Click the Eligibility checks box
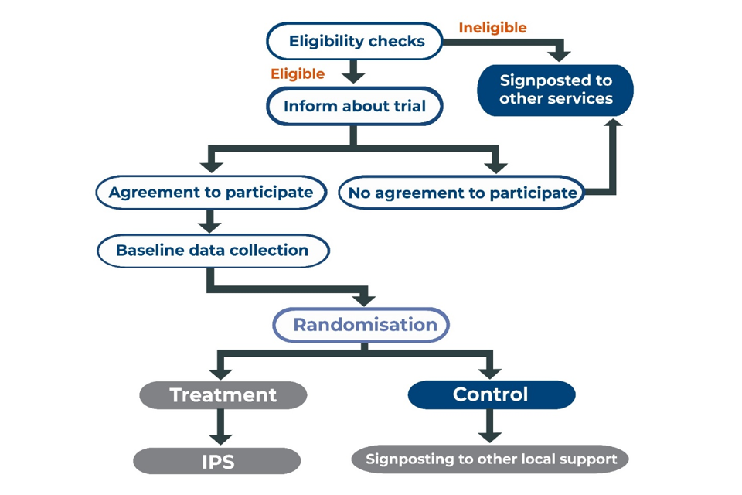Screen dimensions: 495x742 click(355, 41)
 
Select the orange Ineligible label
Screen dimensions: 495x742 click(492, 28)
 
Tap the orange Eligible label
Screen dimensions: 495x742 click(298, 74)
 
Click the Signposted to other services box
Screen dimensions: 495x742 click(555, 90)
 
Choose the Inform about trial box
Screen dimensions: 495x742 click(355, 107)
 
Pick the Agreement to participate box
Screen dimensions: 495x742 click(210, 193)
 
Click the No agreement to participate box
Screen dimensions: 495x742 click(462, 193)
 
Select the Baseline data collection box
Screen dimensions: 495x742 click(213, 251)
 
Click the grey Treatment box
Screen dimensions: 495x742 click(223, 395)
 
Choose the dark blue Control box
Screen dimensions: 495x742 click(491, 394)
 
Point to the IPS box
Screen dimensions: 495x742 click(217, 462)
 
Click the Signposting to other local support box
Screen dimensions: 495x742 click(491, 459)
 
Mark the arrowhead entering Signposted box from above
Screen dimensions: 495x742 click(561, 55)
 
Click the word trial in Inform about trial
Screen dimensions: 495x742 click(408, 107)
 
